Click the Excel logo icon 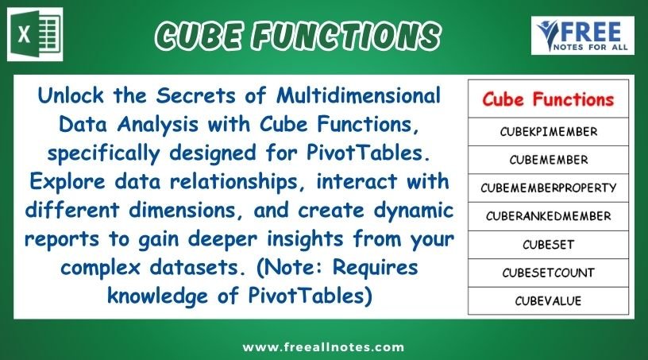35,34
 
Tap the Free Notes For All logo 582,36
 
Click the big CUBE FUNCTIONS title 298,36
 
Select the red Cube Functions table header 548,99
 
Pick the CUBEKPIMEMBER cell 549,132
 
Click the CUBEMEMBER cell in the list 549,160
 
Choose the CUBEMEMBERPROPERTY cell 549,188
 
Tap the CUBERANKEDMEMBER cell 549,216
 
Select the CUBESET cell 549,245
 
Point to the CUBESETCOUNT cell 549,273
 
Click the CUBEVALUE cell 549,301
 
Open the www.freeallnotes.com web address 323,346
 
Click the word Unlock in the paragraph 70,95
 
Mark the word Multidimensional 358,95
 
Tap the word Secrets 195,95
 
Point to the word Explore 67,182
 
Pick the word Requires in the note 376,268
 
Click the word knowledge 157,296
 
